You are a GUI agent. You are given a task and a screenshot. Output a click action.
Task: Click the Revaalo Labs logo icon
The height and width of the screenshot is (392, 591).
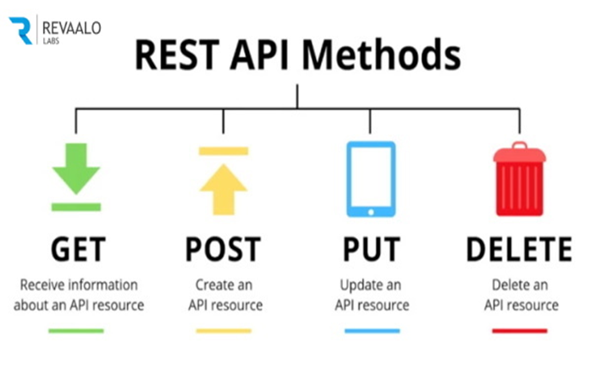[21, 29]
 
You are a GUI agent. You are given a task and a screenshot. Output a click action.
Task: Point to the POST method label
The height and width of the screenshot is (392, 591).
[224, 249]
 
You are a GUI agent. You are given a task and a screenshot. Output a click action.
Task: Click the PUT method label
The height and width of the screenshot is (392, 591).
[370, 249]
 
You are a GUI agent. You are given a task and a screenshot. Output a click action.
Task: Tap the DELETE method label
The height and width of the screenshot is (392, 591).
[519, 249]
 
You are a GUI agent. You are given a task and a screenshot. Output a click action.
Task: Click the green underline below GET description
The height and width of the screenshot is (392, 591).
[76, 330]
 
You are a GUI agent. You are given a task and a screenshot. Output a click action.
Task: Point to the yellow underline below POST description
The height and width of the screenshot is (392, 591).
[224, 330]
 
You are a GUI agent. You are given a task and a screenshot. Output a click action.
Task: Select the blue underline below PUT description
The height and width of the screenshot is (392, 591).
[370, 330]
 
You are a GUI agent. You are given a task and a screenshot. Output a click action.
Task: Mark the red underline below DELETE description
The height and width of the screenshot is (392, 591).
[519, 330]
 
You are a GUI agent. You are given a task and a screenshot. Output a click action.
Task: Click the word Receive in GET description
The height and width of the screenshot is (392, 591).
[42, 284]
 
